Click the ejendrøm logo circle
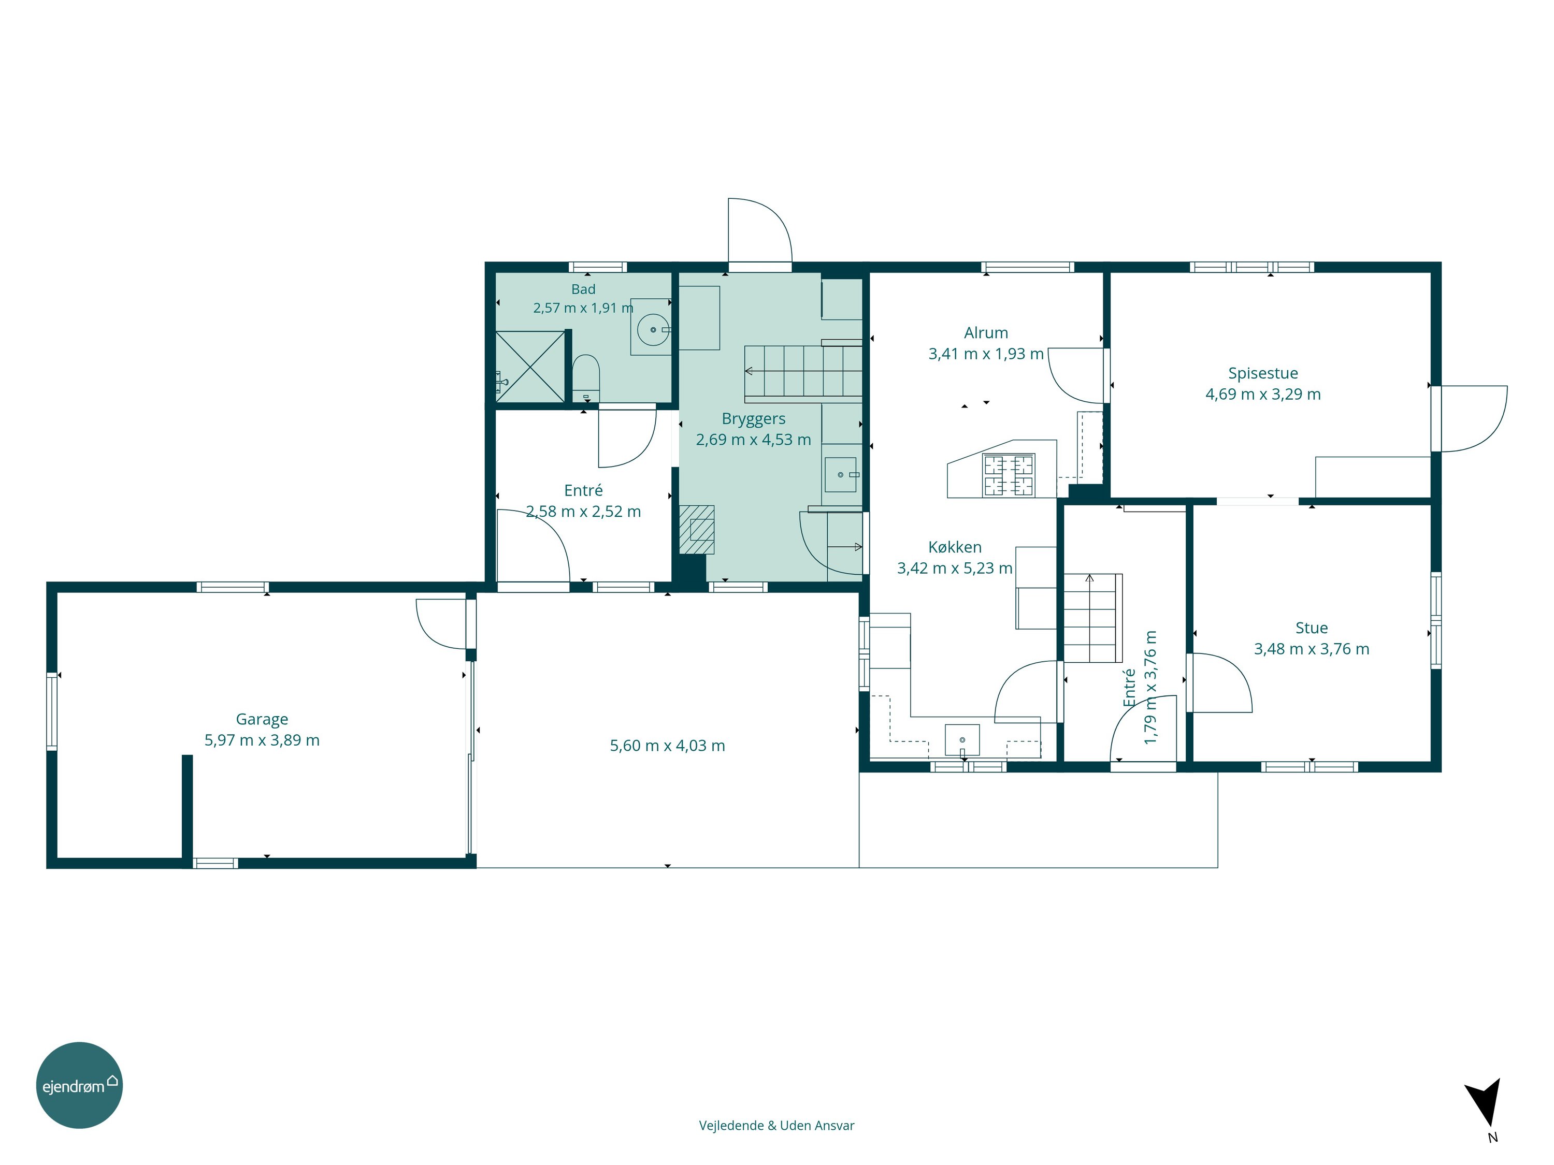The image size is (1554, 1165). (79, 1085)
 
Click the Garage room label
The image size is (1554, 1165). (262, 719)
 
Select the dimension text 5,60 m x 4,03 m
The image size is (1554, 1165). (667, 746)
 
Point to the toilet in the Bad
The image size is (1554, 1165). (585, 378)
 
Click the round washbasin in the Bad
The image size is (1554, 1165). (653, 329)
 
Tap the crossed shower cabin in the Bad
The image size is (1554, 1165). (530, 367)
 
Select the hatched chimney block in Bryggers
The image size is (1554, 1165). (697, 530)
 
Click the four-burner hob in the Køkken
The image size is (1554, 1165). (1009, 475)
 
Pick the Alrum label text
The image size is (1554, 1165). (986, 333)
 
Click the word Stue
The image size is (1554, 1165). (1312, 628)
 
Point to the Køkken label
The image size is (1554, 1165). (955, 547)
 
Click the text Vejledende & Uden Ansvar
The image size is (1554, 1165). (776, 1126)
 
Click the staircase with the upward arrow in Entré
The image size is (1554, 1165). (1092, 618)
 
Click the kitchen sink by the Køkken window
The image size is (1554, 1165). (962, 740)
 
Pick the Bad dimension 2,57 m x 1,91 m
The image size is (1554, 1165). (583, 308)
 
